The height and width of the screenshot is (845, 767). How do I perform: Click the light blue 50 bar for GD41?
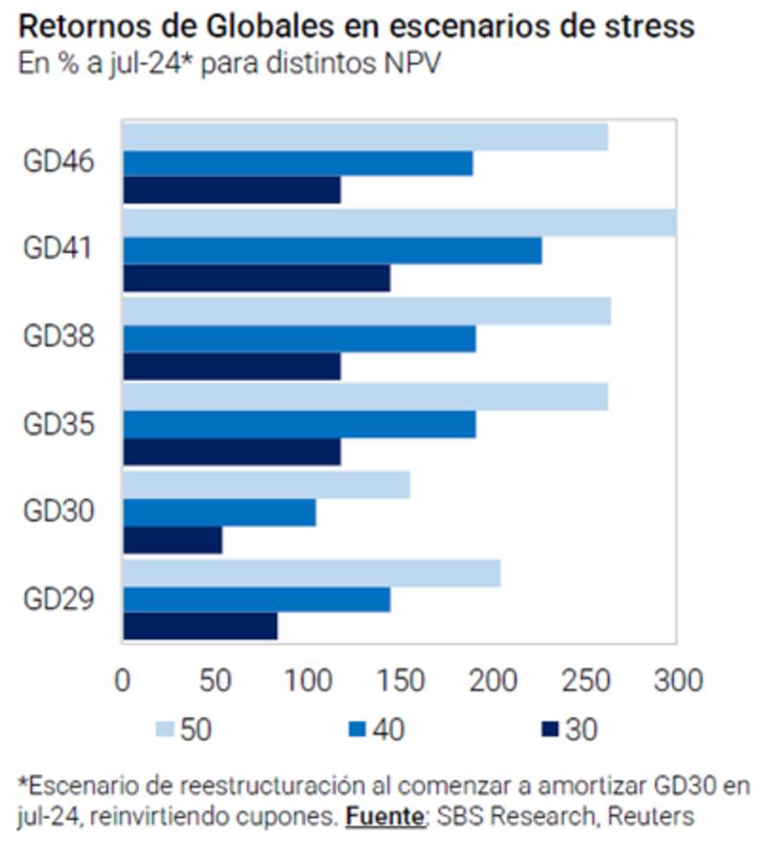click(399, 223)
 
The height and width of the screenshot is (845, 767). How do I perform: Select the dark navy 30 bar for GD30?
click(173, 541)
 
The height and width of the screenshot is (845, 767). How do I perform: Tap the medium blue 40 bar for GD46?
click(298, 164)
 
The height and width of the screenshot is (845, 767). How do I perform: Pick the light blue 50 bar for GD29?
click(312, 574)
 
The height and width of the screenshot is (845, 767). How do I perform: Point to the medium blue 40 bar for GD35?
click(299, 425)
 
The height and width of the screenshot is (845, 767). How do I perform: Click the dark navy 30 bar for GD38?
click(232, 366)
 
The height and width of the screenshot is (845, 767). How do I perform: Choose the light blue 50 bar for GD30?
click(267, 485)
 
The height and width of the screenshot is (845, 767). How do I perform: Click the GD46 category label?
click(58, 162)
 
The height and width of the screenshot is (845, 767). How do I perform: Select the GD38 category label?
click(58, 338)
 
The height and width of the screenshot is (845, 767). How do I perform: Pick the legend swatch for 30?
click(549, 731)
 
